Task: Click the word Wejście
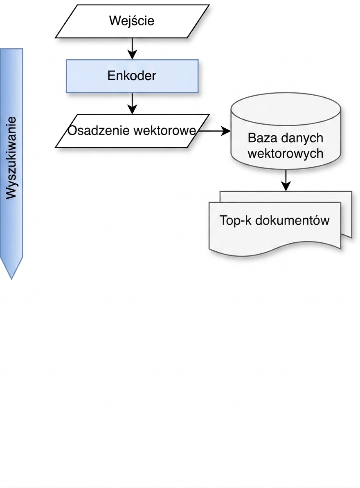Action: click(132, 21)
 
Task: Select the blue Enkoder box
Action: click(132, 76)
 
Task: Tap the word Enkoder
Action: click(132, 76)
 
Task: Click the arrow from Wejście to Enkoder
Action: click(133, 48)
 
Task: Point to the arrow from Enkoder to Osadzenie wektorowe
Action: click(133, 103)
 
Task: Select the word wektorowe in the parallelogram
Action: click(164, 130)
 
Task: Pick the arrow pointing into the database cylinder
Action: click(215, 131)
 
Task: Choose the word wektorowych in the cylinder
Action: click(286, 153)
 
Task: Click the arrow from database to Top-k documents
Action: click(286, 180)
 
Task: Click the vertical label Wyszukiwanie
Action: click(11, 158)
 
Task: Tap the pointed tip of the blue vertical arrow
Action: click(11, 279)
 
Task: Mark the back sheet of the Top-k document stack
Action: click(346, 215)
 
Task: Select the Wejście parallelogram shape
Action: click(132, 21)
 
